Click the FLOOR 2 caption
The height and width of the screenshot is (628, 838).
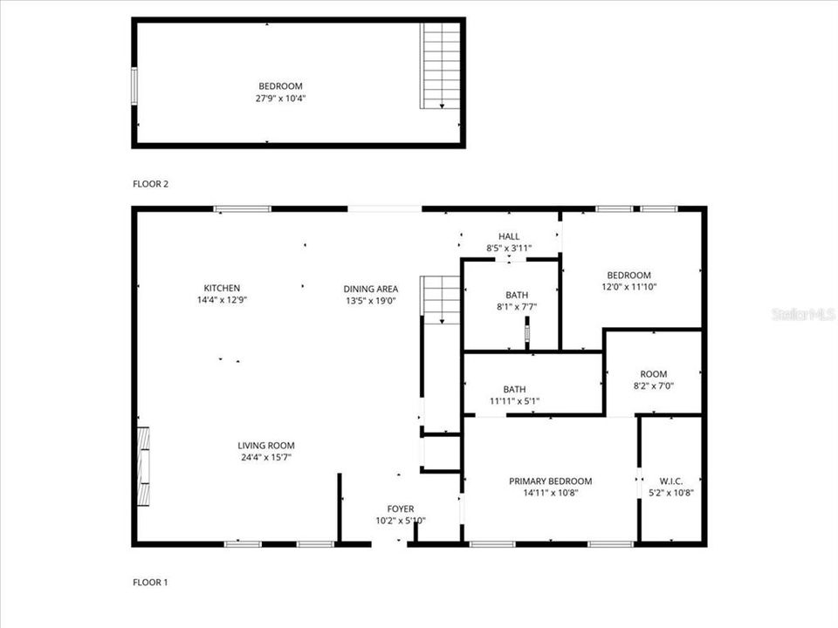click(x=150, y=184)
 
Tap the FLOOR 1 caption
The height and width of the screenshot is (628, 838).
click(x=150, y=582)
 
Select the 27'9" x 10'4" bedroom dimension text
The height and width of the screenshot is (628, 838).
click(x=280, y=99)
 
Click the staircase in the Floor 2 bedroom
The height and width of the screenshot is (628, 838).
click(x=441, y=65)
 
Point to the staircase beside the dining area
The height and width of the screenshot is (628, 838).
click(x=441, y=300)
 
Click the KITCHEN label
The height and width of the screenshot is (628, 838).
click(x=222, y=288)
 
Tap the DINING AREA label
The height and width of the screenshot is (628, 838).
click(x=371, y=289)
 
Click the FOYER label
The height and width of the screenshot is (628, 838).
click(x=401, y=509)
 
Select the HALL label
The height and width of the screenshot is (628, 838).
click(x=509, y=236)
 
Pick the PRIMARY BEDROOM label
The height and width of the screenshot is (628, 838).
click(x=551, y=481)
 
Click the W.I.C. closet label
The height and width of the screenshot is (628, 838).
click(x=671, y=481)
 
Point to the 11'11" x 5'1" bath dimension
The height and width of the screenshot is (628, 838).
click(x=514, y=402)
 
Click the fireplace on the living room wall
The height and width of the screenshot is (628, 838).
click(x=142, y=467)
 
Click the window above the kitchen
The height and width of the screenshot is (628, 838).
click(x=242, y=208)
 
